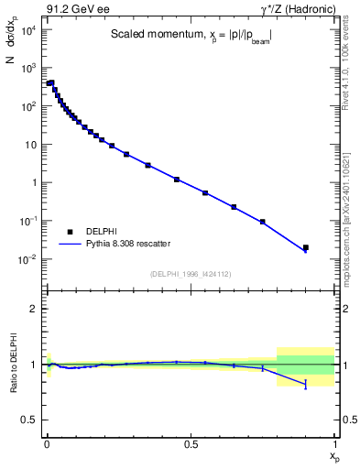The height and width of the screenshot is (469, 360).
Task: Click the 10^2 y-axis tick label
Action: tap(26, 106)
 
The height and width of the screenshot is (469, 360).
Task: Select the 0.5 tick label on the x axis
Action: tap(191, 443)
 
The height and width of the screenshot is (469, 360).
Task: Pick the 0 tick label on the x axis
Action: tap(47, 443)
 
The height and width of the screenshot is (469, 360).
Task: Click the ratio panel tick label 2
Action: tap(33, 309)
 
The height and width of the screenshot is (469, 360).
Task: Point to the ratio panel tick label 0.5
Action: tap(29, 420)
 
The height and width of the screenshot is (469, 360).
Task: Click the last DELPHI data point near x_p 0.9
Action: tap(306, 247)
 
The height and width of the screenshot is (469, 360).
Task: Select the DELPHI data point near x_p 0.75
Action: tap(263, 222)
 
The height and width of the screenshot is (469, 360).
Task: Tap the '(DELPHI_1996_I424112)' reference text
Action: tap(190, 274)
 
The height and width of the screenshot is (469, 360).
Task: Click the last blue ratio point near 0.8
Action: tap(306, 385)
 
